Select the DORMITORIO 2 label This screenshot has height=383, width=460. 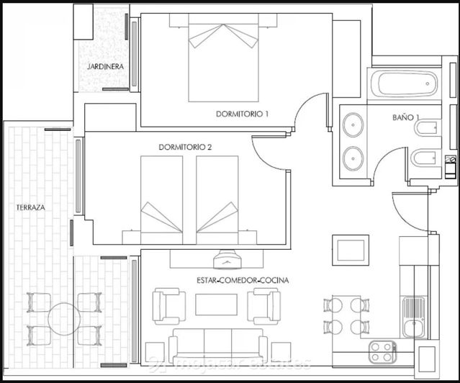pos(185,147)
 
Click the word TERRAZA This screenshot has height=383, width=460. pos(31,207)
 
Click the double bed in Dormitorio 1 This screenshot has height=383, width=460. pos(223,61)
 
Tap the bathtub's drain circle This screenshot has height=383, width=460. pos(427,84)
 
